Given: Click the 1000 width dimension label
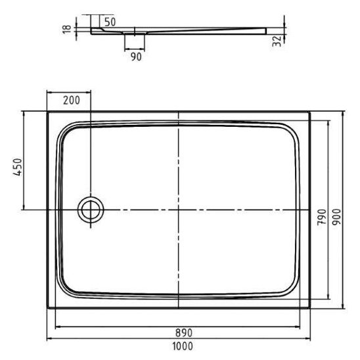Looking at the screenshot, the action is coord(183,346).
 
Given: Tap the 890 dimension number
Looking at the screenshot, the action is coord(184,332).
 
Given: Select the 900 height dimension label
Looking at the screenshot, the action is coord(337,217).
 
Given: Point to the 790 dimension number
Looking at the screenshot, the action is coord(322,217).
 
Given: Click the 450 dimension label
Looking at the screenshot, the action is coord(18,167).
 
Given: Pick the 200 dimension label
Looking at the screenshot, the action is coord(72,101).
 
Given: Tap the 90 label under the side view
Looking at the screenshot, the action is coord(136,57).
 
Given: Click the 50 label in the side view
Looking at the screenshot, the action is coord(110,22).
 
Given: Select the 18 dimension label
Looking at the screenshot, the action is coord(67,29).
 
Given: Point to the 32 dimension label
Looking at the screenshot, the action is coord(277,41).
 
